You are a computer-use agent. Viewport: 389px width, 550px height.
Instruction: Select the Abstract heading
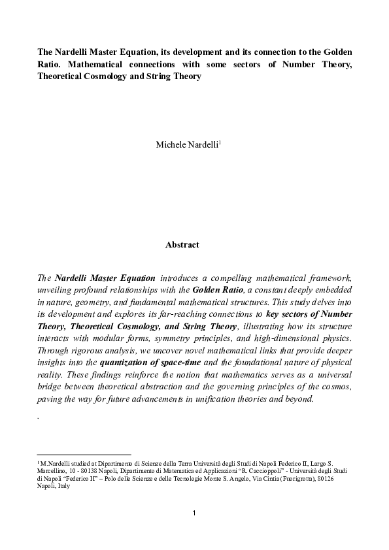(182, 245)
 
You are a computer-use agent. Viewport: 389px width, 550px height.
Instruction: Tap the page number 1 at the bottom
(194, 512)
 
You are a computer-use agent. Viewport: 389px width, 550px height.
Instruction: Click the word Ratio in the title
(50, 65)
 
